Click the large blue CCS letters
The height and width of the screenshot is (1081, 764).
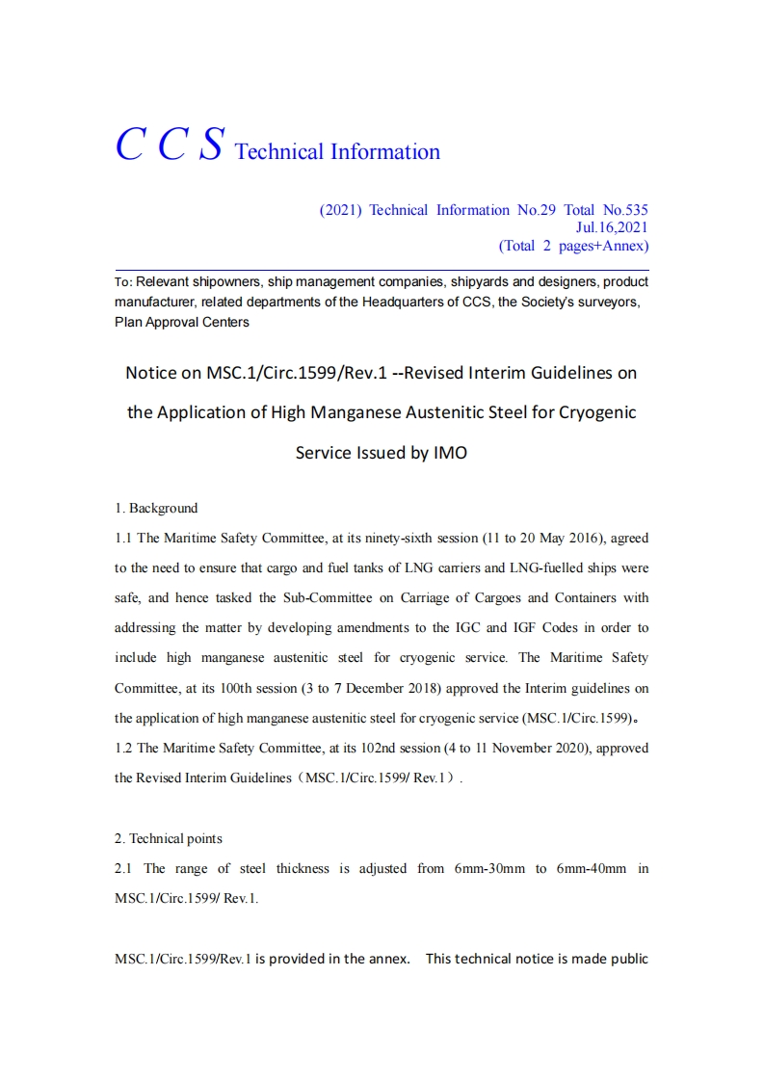(170, 145)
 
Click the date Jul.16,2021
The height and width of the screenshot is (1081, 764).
(611, 227)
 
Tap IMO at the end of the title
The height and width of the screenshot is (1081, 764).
(449, 453)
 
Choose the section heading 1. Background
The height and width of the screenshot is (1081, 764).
(156, 509)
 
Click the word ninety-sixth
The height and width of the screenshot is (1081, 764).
(397, 538)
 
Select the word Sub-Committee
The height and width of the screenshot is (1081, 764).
(327, 597)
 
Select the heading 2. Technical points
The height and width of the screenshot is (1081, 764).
(168, 838)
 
